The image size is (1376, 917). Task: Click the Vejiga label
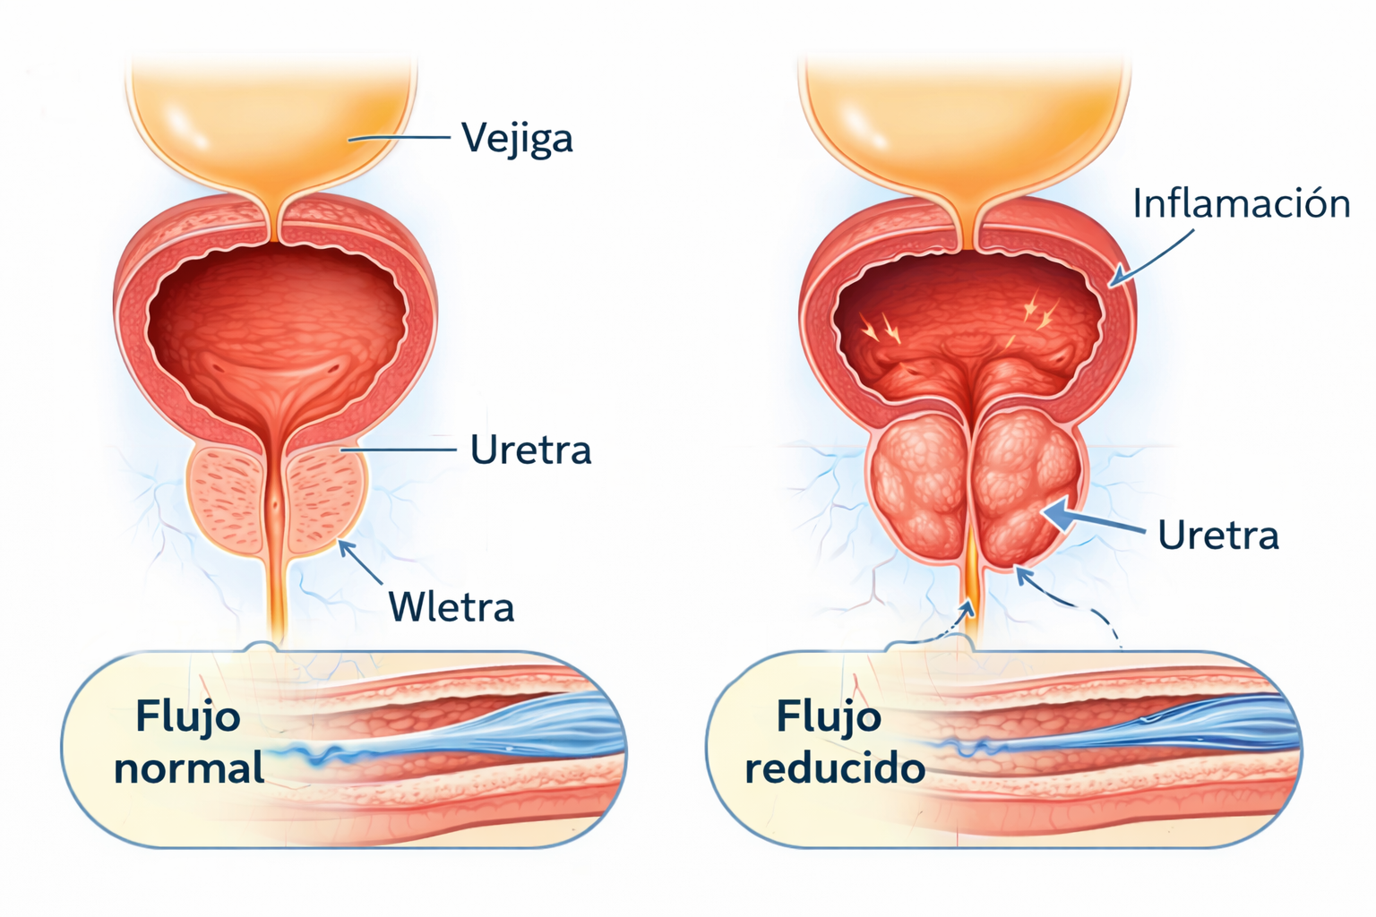(517, 139)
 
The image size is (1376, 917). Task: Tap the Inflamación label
(1242, 203)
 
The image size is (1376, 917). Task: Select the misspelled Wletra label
(451, 607)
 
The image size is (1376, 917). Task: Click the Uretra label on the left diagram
(530, 450)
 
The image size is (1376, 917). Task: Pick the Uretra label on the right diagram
(1218, 535)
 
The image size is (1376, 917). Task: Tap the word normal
(189, 768)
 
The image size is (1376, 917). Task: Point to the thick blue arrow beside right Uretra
(1094, 521)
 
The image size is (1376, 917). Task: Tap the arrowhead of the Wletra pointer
(347, 547)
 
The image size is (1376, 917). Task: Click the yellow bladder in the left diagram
(273, 123)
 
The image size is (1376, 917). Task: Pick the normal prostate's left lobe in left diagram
(228, 499)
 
